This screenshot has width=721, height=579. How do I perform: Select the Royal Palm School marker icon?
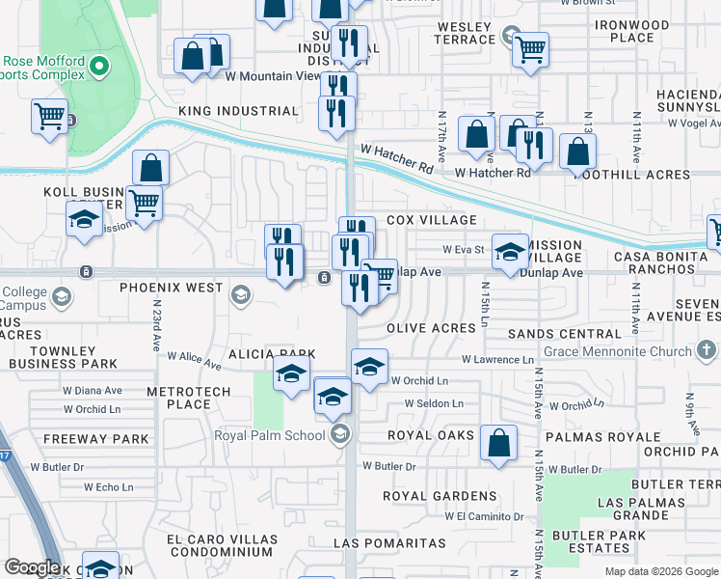pos(338,435)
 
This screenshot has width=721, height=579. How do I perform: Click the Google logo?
pos(32,567)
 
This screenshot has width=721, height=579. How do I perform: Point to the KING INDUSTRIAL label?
pos(239,111)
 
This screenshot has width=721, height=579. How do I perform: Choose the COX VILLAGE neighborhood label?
pos(432,220)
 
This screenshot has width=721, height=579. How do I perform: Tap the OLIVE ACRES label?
pos(432,328)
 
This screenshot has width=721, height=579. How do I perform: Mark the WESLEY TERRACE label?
pos(466,33)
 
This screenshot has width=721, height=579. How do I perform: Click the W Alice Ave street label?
pos(193,359)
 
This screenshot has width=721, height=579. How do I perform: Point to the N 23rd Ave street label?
pos(155,325)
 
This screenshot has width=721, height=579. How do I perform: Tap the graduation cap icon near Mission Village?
pos(510,253)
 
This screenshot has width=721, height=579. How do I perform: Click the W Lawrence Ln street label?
pos(497,360)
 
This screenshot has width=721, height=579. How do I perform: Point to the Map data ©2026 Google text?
pos(660,571)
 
